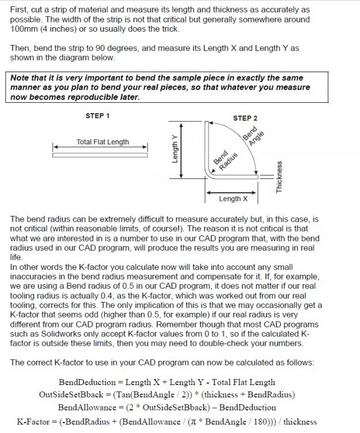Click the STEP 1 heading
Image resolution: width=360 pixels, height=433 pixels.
pos(97,115)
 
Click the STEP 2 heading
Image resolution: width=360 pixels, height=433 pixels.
pos(245,118)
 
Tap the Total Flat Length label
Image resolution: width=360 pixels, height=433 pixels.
pos(103,142)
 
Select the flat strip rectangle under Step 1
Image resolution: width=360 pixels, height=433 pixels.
pos(100,155)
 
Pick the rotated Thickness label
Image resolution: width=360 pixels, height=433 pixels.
pos(279,177)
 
